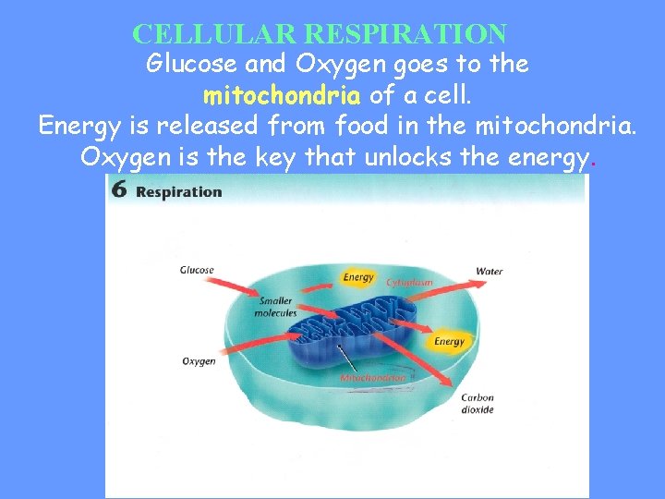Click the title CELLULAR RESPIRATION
click(x=320, y=34)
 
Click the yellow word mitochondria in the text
click(x=282, y=95)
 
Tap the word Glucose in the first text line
click(x=187, y=65)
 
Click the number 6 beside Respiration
click(x=119, y=190)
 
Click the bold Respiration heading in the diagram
click(x=179, y=192)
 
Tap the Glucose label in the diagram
click(x=197, y=271)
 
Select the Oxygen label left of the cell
click(x=199, y=361)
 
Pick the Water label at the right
click(x=489, y=272)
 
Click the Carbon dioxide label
click(x=478, y=404)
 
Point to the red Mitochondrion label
click(x=372, y=378)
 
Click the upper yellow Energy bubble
click(x=358, y=277)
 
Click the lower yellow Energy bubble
click(x=449, y=341)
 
